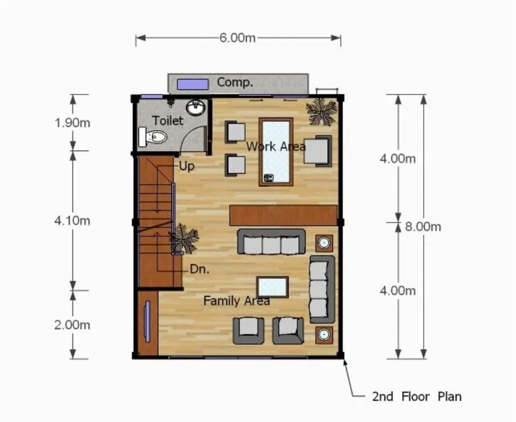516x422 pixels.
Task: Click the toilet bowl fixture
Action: tap(152, 137)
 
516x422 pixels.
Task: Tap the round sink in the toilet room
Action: tap(196, 107)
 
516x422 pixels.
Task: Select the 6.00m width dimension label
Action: tap(237, 38)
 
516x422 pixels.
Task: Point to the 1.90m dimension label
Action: tap(73, 123)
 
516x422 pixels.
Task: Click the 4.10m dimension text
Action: tap(73, 221)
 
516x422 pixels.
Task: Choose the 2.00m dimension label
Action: tap(73, 325)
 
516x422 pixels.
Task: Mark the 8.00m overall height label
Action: tap(423, 226)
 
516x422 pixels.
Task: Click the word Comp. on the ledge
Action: tap(235, 82)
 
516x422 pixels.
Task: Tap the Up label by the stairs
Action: tap(186, 166)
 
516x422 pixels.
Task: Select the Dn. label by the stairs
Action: tap(199, 269)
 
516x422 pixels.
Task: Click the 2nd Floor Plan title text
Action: tap(417, 396)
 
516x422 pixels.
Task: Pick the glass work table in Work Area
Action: tap(276, 152)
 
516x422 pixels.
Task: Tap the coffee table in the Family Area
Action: tap(273, 287)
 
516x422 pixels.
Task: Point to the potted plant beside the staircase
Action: tap(184, 238)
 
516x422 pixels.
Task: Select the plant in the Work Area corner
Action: tap(321, 112)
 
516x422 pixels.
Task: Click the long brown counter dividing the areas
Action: tap(283, 216)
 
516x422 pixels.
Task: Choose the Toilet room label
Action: tap(167, 120)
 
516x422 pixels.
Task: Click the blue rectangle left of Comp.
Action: tap(193, 84)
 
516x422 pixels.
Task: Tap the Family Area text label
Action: tap(237, 300)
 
